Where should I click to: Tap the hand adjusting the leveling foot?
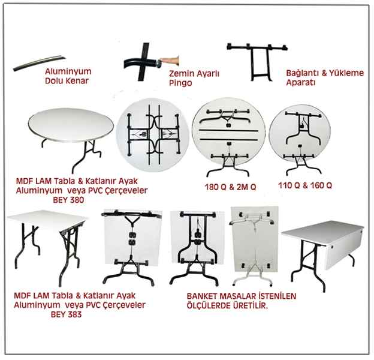click(x=170, y=61)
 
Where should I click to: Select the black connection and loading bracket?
click(x=257, y=62)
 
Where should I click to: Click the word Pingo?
click(x=180, y=83)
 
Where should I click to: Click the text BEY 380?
click(x=68, y=200)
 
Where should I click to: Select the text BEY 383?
click(x=67, y=314)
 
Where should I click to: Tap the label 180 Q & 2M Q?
click(x=230, y=187)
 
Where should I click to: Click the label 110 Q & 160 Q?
click(x=305, y=185)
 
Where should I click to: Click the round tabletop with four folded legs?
click(x=153, y=134)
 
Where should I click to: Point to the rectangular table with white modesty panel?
click(x=322, y=253)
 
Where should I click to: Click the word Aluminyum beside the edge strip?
click(x=68, y=71)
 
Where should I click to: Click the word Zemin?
click(x=180, y=74)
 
